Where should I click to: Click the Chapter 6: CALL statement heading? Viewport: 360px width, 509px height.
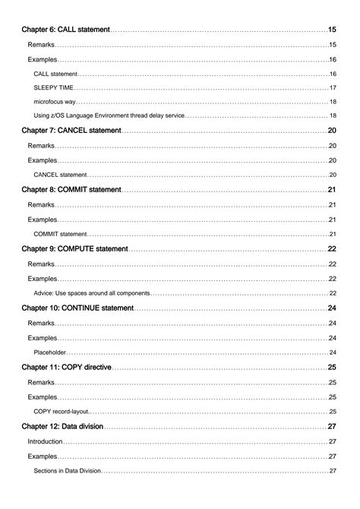tap(66, 30)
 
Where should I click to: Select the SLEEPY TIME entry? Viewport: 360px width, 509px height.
tap(54, 87)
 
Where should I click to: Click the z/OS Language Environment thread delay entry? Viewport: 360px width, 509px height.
tap(109, 115)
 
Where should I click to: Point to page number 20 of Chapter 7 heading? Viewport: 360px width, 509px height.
tap(332, 131)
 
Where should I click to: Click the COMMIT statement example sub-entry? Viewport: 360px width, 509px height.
tap(61, 233)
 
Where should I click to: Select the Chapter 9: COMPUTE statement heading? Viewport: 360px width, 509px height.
tap(74, 248)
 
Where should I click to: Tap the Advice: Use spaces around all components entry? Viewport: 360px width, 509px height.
tap(92, 292)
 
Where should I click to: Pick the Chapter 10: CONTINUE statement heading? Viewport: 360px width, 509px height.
tap(77, 308)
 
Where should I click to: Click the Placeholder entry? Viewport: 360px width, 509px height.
tap(50, 352)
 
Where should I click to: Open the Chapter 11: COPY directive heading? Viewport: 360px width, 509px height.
tap(67, 367)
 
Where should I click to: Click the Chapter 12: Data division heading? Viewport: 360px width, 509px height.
tap(62, 426)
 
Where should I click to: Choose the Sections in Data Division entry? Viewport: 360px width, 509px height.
tap(68, 470)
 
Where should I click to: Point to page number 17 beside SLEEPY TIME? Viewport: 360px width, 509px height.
tap(333, 87)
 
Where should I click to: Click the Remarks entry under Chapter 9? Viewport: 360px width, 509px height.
tap(41, 264)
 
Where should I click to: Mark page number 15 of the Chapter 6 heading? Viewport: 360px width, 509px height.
tap(332, 30)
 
